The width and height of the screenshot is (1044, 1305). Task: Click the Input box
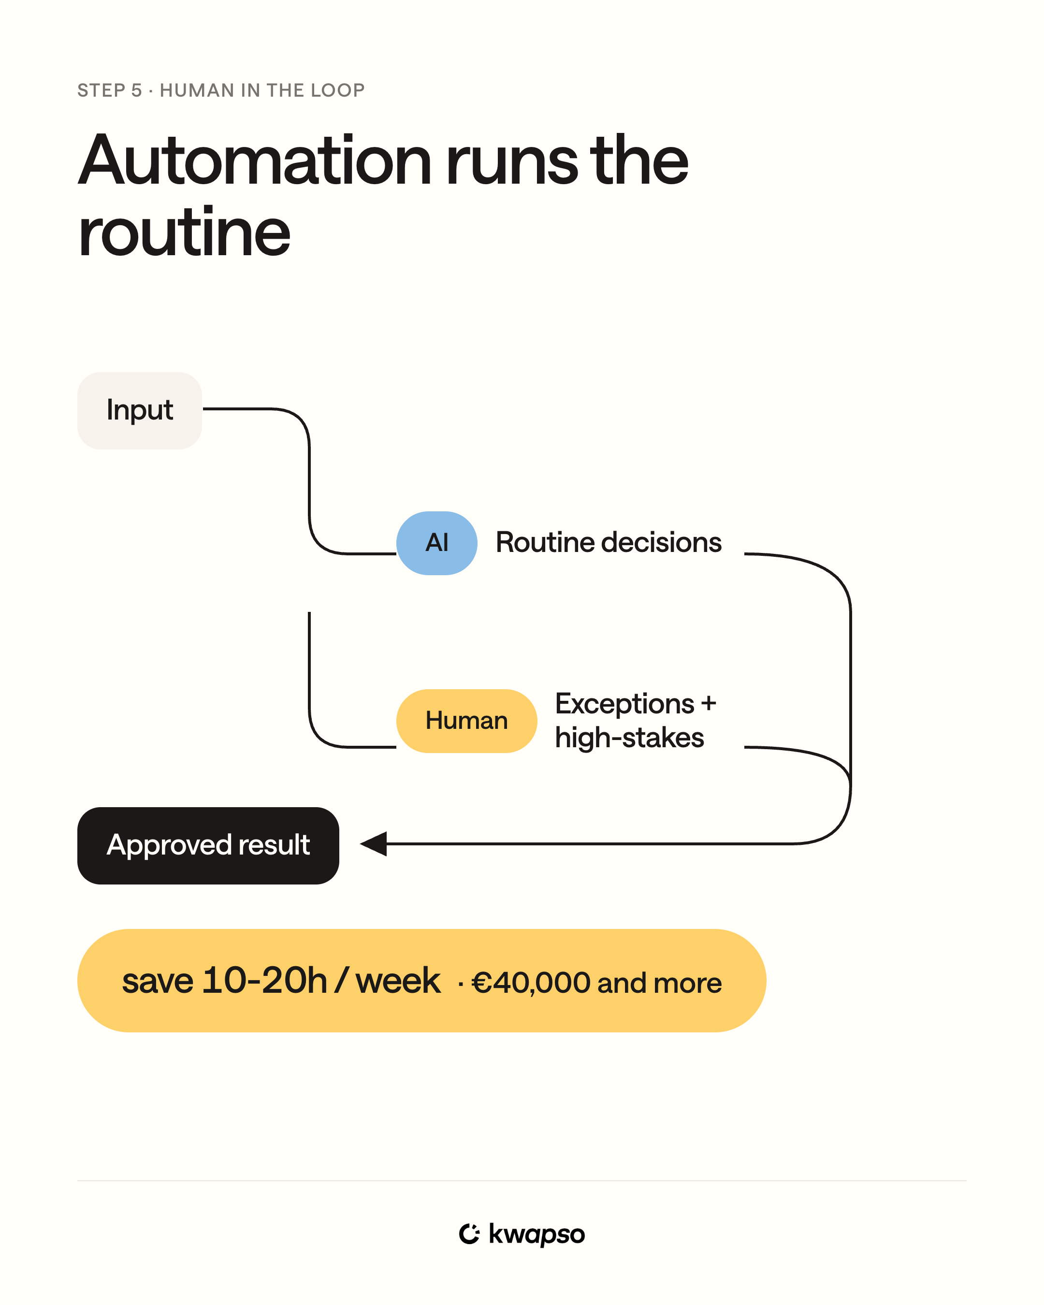(x=140, y=410)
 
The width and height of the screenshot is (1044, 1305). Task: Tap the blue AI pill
(x=437, y=543)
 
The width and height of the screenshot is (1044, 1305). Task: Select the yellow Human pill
(x=466, y=721)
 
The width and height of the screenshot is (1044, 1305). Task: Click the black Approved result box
(x=208, y=845)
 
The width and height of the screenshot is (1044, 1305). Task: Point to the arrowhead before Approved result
(x=374, y=844)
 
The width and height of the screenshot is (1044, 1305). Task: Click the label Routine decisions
(x=608, y=542)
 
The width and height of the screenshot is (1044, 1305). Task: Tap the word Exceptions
(x=624, y=704)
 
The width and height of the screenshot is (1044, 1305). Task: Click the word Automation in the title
(x=255, y=160)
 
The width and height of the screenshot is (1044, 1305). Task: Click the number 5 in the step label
(x=137, y=90)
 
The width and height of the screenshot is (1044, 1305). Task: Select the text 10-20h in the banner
(x=264, y=981)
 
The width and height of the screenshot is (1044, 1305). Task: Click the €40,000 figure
(x=531, y=983)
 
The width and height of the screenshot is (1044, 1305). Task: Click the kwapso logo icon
(x=469, y=1233)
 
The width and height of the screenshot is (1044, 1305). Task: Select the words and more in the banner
(x=660, y=983)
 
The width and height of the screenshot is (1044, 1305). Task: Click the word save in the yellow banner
(x=158, y=981)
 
